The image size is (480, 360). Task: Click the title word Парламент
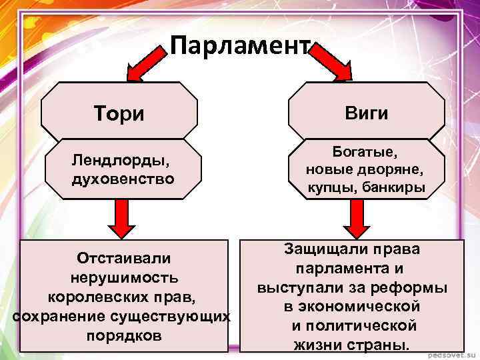click(240, 47)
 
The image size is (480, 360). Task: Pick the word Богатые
click(366, 153)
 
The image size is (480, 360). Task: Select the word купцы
click(335, 189)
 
